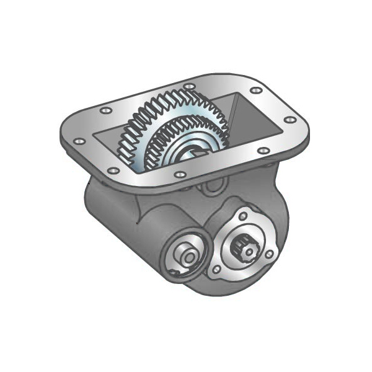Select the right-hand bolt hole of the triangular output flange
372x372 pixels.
pos(268,254)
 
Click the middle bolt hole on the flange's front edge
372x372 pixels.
pos(180,175)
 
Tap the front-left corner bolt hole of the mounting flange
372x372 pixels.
pos(112,170)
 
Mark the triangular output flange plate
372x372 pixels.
pos(254,236)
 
